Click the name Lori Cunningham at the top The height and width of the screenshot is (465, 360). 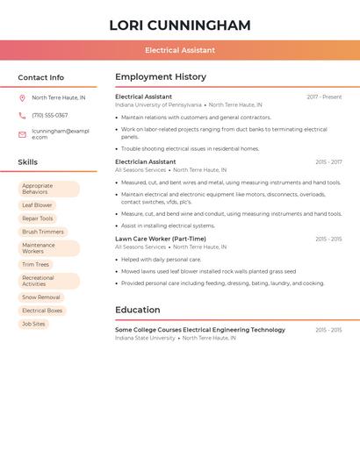(180, 25)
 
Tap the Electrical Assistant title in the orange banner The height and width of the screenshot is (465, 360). (180, 50)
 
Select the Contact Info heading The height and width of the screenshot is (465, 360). (41, 77)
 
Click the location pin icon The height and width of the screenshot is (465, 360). (22, 98)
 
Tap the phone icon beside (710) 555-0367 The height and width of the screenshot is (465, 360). (22, 115)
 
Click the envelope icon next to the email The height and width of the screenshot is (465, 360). (22, 134)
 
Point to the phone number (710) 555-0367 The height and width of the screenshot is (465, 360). (50, 115)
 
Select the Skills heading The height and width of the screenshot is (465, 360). (28, 162)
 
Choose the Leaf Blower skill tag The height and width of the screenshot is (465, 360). (37, 205)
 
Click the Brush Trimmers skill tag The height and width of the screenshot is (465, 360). (43, 232)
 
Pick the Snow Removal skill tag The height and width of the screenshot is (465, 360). (41, 297)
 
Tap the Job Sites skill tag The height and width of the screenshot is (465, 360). (33, 324)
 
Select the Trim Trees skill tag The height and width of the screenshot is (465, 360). (36, 264)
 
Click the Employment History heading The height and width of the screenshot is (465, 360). (161, 77)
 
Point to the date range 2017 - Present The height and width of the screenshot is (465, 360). (324, 97)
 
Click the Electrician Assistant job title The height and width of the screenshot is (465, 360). (146, 162)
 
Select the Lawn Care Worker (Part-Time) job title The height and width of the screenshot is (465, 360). (161, 239)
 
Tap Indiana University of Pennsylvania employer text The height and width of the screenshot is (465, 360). (158, 104)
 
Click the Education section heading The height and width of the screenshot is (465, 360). (138, 310)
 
